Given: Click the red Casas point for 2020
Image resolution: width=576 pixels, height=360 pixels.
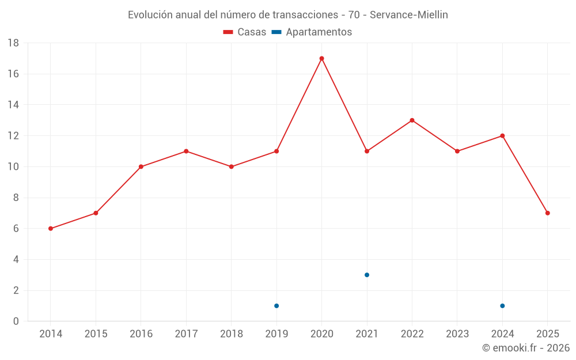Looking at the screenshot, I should pos(321,58).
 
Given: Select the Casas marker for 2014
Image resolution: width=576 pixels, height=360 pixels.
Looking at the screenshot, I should pos(51,229).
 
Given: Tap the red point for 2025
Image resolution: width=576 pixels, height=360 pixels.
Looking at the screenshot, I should pos(547,213).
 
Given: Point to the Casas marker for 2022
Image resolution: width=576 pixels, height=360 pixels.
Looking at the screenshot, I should pos(412,120).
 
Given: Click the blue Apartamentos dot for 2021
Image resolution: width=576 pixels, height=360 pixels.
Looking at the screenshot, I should pos(367,275).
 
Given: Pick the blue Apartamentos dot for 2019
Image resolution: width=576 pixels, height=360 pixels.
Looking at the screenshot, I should pos(276,306).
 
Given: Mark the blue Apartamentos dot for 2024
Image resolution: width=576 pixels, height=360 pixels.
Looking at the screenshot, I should pos(502,306).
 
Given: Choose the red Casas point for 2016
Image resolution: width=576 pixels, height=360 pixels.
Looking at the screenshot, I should pos(141,166).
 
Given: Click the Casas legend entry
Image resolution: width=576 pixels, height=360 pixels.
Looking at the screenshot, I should pos(245,32).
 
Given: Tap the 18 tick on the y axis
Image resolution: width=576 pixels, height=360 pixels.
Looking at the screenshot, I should pos(13,43).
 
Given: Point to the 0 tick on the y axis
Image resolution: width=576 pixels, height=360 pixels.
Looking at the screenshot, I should pos(16,321).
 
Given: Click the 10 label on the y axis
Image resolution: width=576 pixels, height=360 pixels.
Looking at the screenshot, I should pos(13,167).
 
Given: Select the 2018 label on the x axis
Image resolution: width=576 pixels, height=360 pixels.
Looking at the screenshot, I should pos(231,334).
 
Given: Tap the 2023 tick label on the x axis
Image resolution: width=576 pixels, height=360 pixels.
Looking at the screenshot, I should pos(457,334).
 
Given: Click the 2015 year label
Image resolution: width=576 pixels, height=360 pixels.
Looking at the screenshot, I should pos(96,334).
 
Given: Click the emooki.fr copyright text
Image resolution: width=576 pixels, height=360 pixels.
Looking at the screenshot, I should pos(525,348).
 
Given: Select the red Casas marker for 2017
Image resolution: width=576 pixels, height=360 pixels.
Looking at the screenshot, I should pos(186,151).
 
